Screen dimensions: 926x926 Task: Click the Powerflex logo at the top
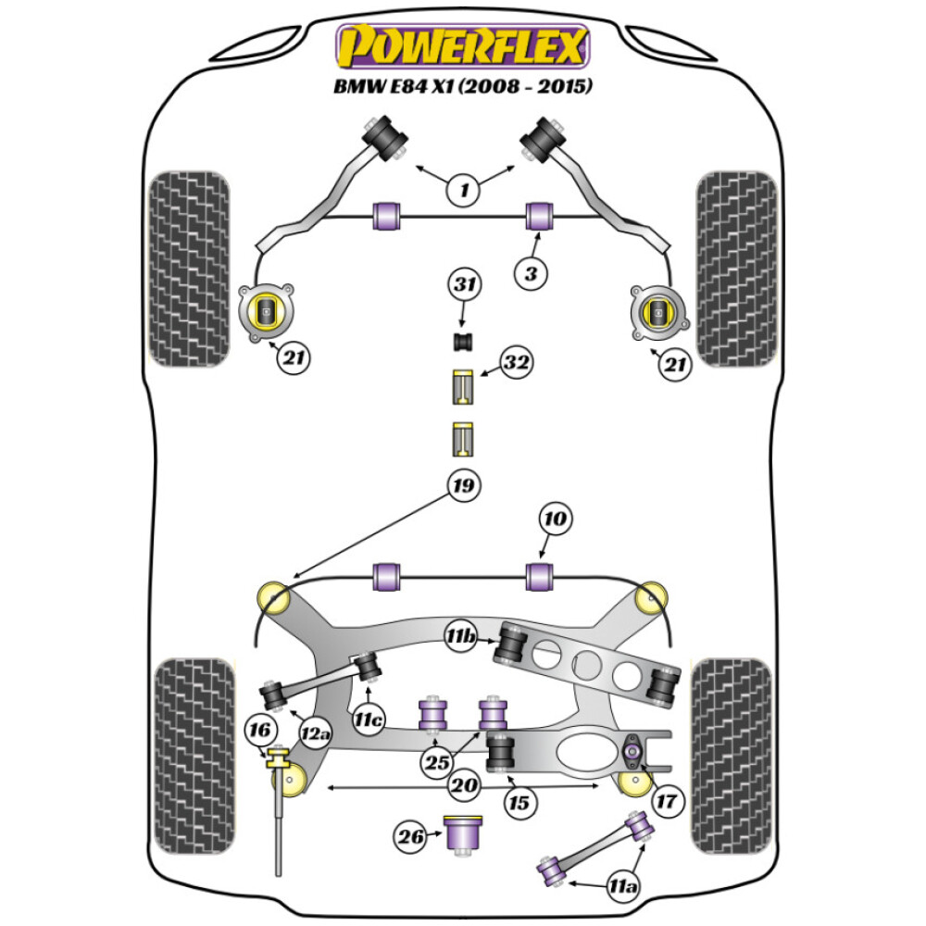[x=462, y=46]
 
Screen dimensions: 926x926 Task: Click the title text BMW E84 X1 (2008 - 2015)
[x=462, y=88]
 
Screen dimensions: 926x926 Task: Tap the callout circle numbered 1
[x=464, y=191]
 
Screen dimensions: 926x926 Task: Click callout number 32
[x=519, y=366]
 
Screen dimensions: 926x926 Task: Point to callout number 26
[x=410, y=837]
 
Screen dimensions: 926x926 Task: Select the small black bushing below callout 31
[x=464, y=343]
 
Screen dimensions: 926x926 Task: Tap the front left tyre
[x=190, y=269]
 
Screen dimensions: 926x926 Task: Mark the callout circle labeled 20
[x=464, y=786]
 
